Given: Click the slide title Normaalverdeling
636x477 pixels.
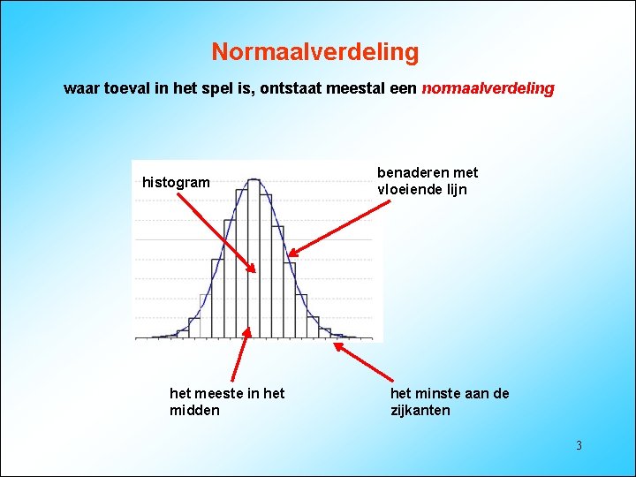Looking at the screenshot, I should (314, 53).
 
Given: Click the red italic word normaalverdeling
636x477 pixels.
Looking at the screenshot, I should (488, 89).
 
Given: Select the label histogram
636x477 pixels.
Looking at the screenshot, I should (176, 183).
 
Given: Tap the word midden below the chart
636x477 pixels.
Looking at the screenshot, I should (194, 411).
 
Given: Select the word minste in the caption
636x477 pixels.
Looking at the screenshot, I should (443, 393).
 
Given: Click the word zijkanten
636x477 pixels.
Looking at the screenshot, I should (420, 411).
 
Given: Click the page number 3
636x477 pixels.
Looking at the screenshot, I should (579, 445).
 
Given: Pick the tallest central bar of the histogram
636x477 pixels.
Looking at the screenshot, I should (254, 256).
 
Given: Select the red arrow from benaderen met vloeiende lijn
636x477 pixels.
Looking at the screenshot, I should (340, 228).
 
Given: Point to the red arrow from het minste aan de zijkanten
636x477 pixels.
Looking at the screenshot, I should (362, 362).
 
